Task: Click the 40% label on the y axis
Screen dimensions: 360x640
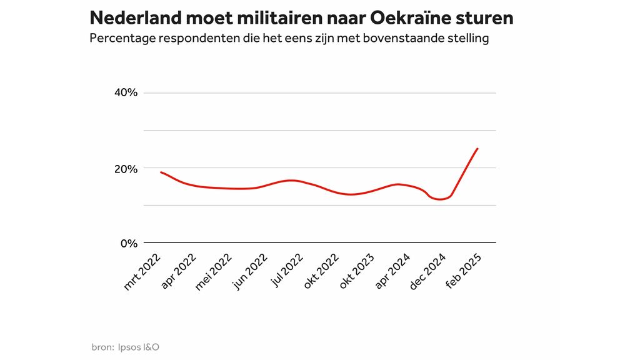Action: pyautogui.click(x=124, y=93)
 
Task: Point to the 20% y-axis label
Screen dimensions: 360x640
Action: pyautogui.click(x=125, y=168)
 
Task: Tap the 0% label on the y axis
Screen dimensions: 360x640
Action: pyautogui.click(x=128, y=243)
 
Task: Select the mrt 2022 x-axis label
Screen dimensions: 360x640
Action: pyautogui.click(x=142, y=272)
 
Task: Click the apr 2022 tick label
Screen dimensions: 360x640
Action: pyautogui.click(x=179, y=272)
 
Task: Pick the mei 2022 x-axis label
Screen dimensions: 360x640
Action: pyautogui.click(x=214, y=272)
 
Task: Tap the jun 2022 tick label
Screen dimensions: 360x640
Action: pyautogui.click(x=250, y=272)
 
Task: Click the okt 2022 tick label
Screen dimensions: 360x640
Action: pyautogui.click(x=322, y=272)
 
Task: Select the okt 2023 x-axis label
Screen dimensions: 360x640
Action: pyautogui.click(x=357, y=272)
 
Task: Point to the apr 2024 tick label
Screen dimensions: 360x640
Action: pyautogui.click(x=393, y=272)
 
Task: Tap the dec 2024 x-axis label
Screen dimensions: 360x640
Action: pyautogui.click(x=428, y=272)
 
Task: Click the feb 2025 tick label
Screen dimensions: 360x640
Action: pyautogui.click(x=464, y=272)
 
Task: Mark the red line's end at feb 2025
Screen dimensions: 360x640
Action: pyautogui.click(x=477, y=149)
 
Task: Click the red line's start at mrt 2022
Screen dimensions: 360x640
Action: pyautogui.click(x=161, y=172)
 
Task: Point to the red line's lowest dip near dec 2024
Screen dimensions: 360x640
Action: pyautogui.click(x=441, y=199)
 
